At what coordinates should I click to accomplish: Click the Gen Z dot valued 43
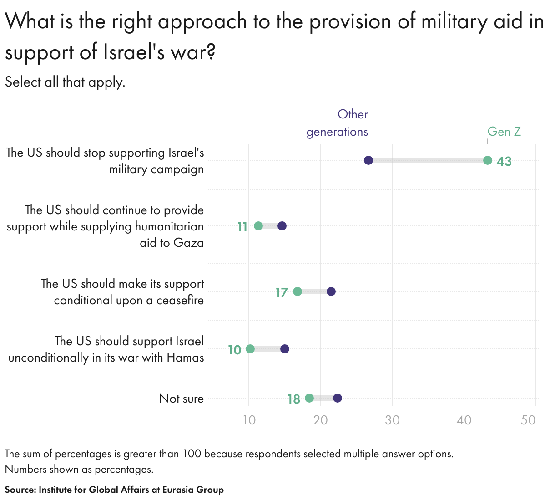tap(488, 160)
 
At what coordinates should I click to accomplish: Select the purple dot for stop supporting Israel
tap(368, 160)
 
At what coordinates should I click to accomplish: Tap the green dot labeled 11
tap(258, 226)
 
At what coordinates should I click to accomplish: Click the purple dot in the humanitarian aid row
tap(282, 226)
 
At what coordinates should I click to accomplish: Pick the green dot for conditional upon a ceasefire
tap(298, 291)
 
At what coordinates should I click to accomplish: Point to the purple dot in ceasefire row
tap(331, 291)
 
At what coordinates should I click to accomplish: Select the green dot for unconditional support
tap(250, 349)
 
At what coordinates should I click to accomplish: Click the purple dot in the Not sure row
tap(338, 398)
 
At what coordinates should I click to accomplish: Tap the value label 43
tap(504, 161)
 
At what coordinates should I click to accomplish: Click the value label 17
tap(282, 292)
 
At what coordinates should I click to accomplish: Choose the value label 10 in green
tap(234, 350)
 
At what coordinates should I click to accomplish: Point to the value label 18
tap(293, 399)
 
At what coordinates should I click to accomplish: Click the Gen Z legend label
tap(504, 132)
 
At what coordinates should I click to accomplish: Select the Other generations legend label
tap(338, 123)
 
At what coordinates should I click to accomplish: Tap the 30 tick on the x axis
tap(392, 420)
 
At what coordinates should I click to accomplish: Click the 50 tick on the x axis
tap(528, 420)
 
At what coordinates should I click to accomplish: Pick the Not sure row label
tap(182, 399)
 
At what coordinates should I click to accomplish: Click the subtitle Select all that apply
tap(65, 82)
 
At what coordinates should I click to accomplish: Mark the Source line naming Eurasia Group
tap(114, 490)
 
